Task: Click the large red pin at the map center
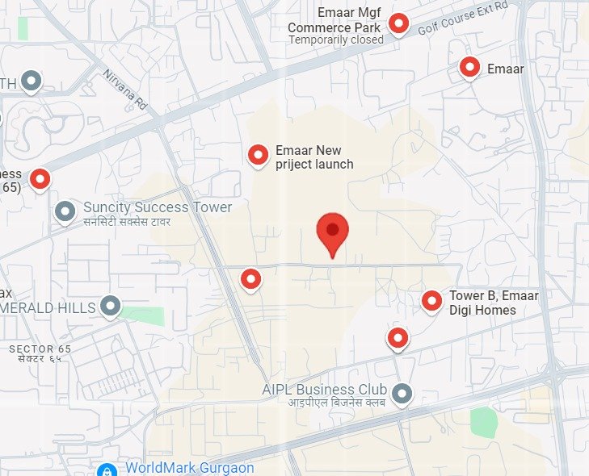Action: click(332, 231)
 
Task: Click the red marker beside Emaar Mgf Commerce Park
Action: click(398, 23)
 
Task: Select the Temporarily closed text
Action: click(336, 40)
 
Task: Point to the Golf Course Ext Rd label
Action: click(462, 19)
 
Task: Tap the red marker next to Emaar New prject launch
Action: click(258, 154)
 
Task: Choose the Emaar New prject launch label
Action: click(313, 157)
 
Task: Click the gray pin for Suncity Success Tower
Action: click(65, 211)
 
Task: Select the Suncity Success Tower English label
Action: click(158, 207)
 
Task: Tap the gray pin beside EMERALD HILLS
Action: click(110, 306)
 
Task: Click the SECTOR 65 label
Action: click(40, 349)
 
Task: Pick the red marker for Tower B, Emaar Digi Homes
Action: click(432, 301)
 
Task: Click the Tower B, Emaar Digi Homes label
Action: click(494, 303)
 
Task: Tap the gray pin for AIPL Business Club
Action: click(402, 394)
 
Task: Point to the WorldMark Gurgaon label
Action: click(190, 468)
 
